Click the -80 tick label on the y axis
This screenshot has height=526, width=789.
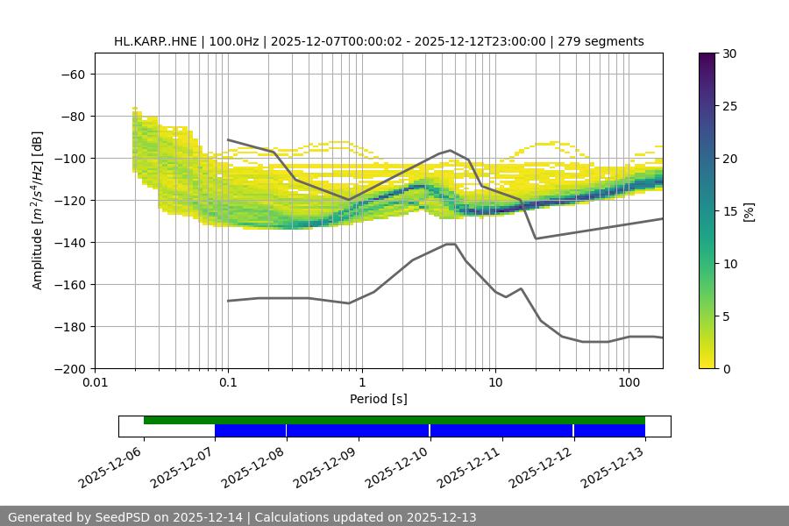pyautogui.click(x=71, y=116)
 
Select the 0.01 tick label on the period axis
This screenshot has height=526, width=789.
pyautogui.click(x=95, y=383)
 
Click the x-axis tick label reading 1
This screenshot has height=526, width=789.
pyautogui.click(x=362, y=383)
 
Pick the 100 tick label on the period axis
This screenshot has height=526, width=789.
pyautogui.click(x=629, y=383)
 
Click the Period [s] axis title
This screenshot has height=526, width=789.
pyautogui.click(x=379, y=399)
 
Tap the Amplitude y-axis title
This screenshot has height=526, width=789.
pyautogui.click(x=38, y=210)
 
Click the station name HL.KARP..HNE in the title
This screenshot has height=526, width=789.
pyautogui.click(x=155, y=41)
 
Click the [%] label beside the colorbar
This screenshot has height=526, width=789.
pyautogui.click(x=750, y=211)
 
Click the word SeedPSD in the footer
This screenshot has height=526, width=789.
pyautogui.click(x=123, y=517)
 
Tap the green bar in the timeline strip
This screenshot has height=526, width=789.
pyautogui.click(x=394, y=420)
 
